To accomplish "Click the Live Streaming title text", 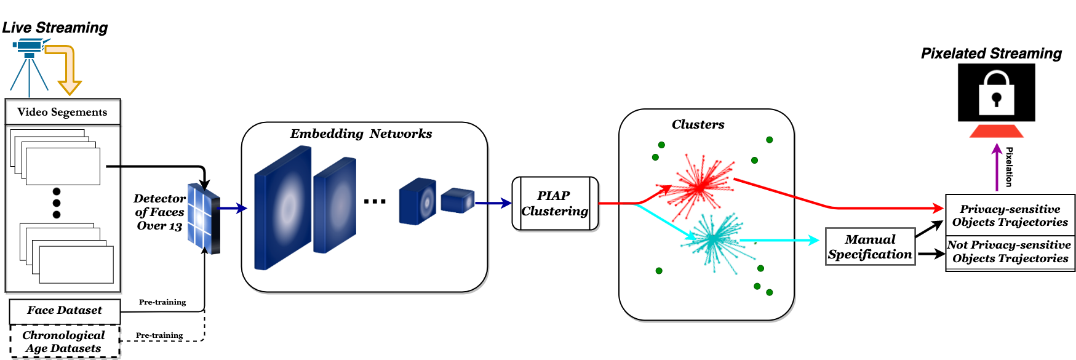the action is point(55,28).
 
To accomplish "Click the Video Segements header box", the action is point(63,112).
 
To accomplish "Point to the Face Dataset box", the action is point(65,311).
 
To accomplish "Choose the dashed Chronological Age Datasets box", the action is point(64,342).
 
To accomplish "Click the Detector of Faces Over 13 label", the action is point(159,212).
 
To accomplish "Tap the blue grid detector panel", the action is point(204,218).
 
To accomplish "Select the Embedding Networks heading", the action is point(361,134).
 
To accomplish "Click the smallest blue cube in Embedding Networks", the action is point(458,200).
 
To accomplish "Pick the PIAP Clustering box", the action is point(555,204).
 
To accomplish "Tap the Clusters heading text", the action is point(698,124).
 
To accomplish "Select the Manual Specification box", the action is point(870,247).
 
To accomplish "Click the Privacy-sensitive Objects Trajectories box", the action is point(1010,215).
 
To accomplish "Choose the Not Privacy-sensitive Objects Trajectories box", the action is point(1010,252).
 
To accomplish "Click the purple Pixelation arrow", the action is point(997,167).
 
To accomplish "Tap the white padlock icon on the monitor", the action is point(996,92).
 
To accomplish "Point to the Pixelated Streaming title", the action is point(991,54).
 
